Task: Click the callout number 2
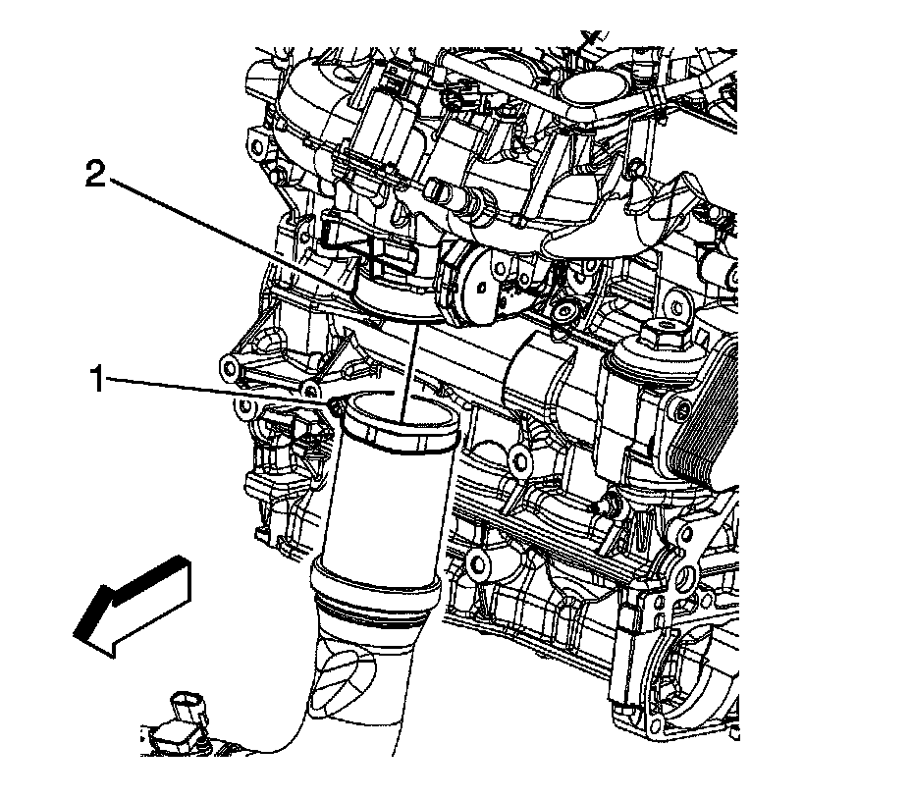point(96,174)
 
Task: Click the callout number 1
point(96,379)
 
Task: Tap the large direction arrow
point(132,607)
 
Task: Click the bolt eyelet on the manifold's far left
point(254,141)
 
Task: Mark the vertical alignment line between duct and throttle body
point(409,372)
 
